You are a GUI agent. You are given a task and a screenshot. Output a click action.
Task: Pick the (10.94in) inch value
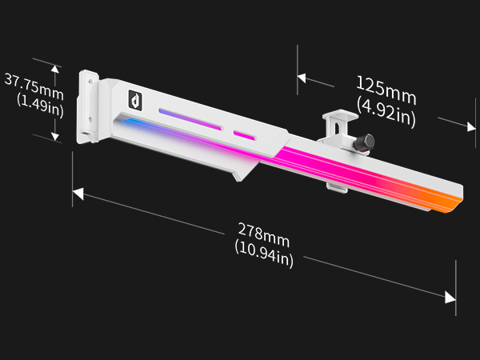pos(263,255)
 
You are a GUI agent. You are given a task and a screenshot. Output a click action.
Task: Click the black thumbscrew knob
pos(366,142)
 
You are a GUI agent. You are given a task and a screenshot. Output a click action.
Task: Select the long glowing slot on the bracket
pos(189,118)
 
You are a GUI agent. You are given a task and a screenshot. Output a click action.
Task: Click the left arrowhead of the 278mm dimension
pos(78,193)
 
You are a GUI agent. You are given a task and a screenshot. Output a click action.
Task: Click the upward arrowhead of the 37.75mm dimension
pos(54,70)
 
